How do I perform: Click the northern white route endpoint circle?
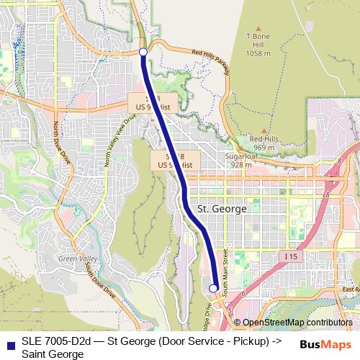143,52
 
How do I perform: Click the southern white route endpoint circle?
213,288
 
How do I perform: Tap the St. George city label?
222,208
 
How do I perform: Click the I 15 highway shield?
291,256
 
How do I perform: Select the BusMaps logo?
325,344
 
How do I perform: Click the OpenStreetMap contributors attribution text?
297,323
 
